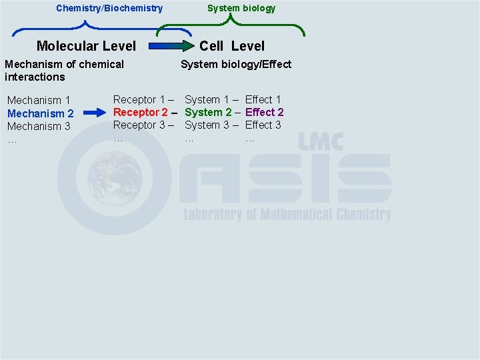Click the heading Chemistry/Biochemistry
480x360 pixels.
(109, 8)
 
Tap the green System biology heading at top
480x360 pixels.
(241, 8)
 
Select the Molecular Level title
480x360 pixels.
(86, 46)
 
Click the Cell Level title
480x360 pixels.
(232, 46)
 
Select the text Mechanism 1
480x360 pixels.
(39, 101)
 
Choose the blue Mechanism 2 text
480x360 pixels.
(40, 113)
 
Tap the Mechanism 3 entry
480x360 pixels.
(39, 126)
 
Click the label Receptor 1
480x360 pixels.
(139, 99)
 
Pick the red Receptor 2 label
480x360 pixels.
(140, 112)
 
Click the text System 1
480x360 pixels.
(207, 99)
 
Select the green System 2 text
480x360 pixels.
(208, 112)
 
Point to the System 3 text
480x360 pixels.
(207, 125)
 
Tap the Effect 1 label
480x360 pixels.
(263, 99)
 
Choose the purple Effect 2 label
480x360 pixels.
(264, 112)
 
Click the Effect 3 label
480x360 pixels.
(263, 125)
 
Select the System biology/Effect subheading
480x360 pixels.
(236, 64)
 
